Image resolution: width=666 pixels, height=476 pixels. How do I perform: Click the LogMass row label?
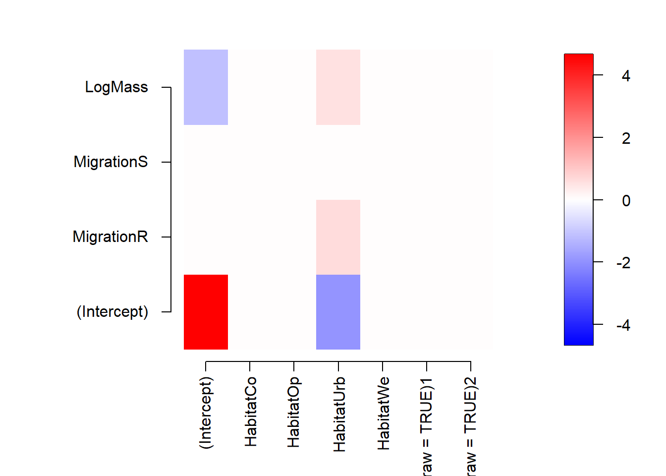pyautogui.click(x=116, y=87)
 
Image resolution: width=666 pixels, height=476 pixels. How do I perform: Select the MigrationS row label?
pyautogui.click(x=111, y=162)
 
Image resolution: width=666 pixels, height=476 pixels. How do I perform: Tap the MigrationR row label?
pyautogui.click(x=110, y=237)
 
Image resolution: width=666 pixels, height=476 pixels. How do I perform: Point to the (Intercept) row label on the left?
pyautogui.click(x=112, y=312)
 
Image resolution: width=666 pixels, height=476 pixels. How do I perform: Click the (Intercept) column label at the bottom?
pyautogui.click(x=206, y=413)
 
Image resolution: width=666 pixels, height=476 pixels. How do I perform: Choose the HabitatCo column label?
pyautogui.click(x=250, y=412)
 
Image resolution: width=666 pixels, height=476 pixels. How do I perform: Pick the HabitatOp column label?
pyautogui.click(x=294, y=412)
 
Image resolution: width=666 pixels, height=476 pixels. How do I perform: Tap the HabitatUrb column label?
pyautogui.click(x=339, y=415)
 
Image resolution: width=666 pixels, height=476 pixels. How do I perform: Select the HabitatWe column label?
pyautogui.click(x=383, y=414)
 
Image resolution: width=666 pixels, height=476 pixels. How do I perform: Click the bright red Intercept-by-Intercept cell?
pyautogui.click(x=206, y=312)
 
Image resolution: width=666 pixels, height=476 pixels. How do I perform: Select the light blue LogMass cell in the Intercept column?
pyautogui.click(x=206, y=87)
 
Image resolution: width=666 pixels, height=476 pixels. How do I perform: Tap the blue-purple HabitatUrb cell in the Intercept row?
pyautogui.click(x=338, y=312)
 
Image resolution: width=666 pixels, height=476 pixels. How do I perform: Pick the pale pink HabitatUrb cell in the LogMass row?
pyautogui.click(x=338, y=87)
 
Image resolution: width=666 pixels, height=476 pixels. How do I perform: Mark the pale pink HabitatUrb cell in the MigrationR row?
pyautogui.click(x=338, y=237)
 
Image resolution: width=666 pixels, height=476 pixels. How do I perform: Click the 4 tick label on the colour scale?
pyautogui.click(x=626, y=76)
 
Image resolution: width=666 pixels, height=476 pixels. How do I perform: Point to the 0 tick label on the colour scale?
pyautogui.click(x=626, y=201)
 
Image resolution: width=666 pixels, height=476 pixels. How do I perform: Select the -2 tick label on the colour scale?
pyautogui.click(x=623, y=263)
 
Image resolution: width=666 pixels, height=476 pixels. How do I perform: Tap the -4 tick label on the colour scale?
pyautogui.click(x=623, y=325)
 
